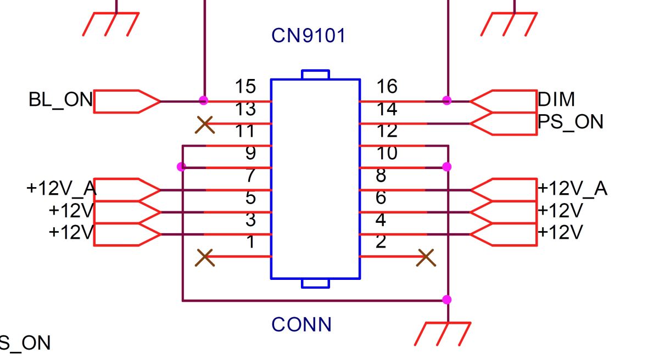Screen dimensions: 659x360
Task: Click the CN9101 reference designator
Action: click(308, 36)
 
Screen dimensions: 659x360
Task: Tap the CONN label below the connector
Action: click(301, 324)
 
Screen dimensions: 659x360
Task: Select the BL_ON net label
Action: click(60, 100)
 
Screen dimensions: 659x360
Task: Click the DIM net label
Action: click(556, 99)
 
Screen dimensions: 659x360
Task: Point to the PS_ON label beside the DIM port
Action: click(571, 122)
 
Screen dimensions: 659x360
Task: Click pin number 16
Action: click(387, 86)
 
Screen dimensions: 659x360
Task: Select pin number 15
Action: click(245, 86)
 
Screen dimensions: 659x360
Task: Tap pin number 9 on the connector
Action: click(250, 153)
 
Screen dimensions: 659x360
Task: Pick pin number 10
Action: click(387, 153)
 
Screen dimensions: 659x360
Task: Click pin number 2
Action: click(381, 241)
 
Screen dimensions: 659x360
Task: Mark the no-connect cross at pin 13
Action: click(205, 125)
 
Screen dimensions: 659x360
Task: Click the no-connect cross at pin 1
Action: click(205, 258)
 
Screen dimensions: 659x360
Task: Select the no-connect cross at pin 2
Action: click(426, 258)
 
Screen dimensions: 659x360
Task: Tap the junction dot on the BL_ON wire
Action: click(203, 100)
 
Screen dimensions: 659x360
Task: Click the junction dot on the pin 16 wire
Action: click(446, 100)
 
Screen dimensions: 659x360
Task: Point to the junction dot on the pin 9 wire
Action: click(182, 167)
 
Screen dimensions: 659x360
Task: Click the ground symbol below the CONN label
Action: click(443, 334)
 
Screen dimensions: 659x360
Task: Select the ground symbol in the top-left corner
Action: click(110, 24)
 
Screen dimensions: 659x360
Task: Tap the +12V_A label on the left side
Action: click(62, 188)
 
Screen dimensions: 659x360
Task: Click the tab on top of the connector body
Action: click(315, 75)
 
